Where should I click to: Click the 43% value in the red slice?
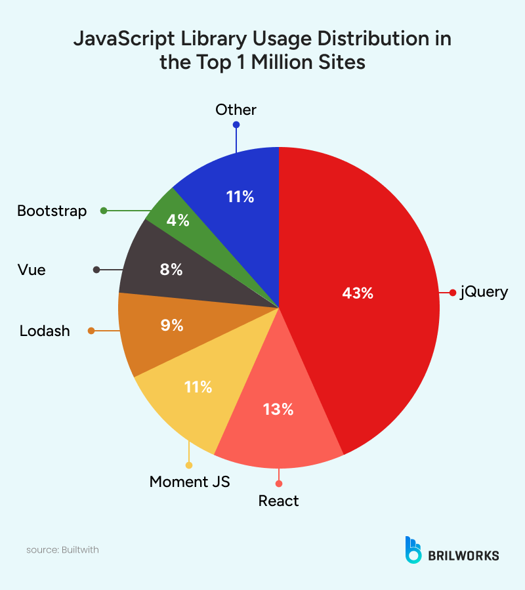[x=358, y=293]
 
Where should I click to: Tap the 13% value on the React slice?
[x=278, y=410]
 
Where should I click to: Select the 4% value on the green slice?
[x=178, y=221]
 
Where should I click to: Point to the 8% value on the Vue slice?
[x=171, y=269]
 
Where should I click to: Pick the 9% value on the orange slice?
[x=172, y=325]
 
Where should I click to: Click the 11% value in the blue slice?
[x=240, y=196]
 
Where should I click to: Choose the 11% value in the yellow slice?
[x=198, y=387]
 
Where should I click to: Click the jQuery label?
[x=484, y=292]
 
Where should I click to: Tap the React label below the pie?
[x=278, y=501]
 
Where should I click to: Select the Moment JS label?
[x=190, y=482]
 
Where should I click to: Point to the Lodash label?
[x=45, y=331]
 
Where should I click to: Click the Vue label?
[x=32, y=270]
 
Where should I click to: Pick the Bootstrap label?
[x=52, y=211]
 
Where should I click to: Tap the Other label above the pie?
[x=236, y=110]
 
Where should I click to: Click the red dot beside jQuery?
[x=452, y=293]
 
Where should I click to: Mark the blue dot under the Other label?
[x=236, y=125]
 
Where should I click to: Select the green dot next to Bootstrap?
[x=103, y=211]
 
